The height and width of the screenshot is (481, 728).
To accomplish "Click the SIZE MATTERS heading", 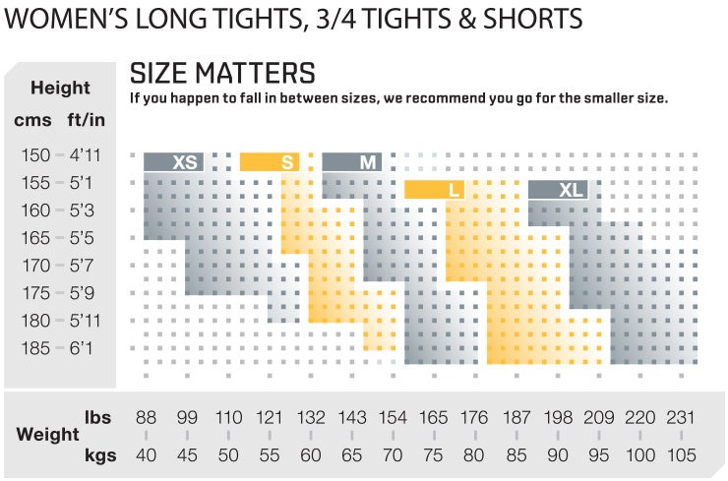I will pos(222,74).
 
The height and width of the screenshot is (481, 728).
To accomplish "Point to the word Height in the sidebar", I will pos(60,88).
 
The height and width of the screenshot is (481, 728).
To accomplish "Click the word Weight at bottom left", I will pos(47,434).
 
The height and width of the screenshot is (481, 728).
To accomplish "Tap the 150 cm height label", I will pos(33,155).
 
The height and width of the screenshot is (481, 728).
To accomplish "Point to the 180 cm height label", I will pos(33,321).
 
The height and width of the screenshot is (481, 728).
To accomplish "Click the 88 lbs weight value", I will pos(146,417).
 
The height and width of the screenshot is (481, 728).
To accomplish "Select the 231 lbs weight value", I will pos(680,417).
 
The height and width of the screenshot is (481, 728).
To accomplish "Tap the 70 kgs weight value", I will pos(393,455).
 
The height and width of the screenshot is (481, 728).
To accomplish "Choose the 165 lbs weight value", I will pos(434,417).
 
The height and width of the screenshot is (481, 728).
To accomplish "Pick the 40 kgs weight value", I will pos(146,455).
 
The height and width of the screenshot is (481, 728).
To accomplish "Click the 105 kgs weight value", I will pos(680,455).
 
